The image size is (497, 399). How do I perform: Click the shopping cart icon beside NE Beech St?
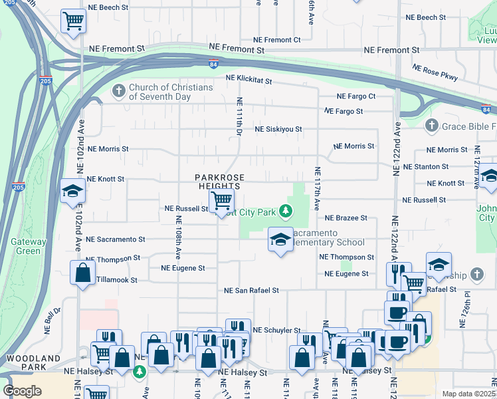[x=72, y=21]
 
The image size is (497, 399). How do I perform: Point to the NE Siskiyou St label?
[x=278, y=129]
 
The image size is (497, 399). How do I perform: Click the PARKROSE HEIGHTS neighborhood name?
[x=220, y=182]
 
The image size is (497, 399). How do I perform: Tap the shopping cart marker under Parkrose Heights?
[x=221, y=200]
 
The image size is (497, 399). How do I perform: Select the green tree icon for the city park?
[x=286, y=211]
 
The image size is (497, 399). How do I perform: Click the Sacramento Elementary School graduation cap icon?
[x=280, y=240]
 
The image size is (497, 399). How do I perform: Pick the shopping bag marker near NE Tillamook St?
[x=82, y=273]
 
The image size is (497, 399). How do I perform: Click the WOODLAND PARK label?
[x=25, y=362]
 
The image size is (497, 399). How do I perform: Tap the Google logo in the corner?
[x=22, y=391]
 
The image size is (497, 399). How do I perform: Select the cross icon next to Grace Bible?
[x=431, y=125]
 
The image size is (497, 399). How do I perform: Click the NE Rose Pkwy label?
[x=435, y=72]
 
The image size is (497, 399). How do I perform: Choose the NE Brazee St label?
[x=346, y=218]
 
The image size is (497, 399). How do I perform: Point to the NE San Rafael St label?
[x=251, y=291]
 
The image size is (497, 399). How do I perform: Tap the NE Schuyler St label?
[x=278, y=330]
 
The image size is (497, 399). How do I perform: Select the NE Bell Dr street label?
[x=51, y=320]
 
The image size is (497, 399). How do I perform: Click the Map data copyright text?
[x=469, y=394]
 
